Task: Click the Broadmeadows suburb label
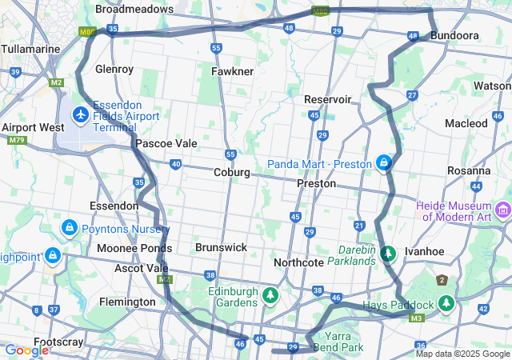pos(134,9)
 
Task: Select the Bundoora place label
pos(454,36)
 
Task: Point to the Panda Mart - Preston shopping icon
pos(385,164)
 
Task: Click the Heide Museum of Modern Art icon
pos(503,210)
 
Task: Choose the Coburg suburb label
pos(232,172)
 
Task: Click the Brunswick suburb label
pos(222,247)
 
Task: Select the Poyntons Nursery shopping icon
pos(70,229)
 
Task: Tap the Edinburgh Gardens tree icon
pos(271,297)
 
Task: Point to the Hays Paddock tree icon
pos(446,304)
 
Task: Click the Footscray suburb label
pos(58,342)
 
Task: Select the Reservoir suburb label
pos(327,99)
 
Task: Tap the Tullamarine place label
pos(30,49)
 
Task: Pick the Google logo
pos(26,350)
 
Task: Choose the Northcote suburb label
pos(298,262)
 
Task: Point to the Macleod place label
pos(466,123)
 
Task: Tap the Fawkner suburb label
pos(232,71)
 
